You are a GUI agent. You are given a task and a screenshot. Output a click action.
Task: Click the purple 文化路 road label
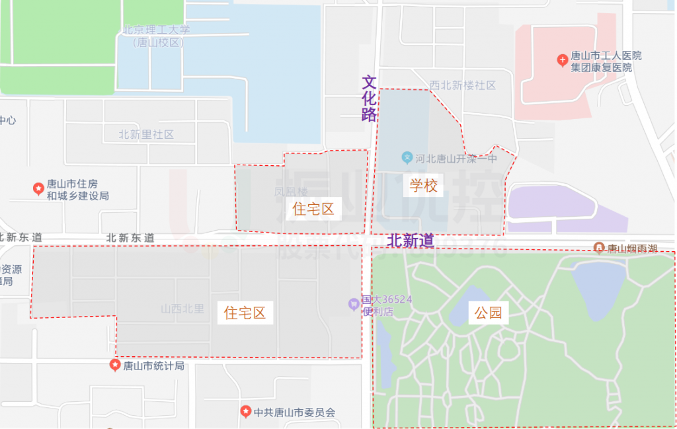(x=369, y=98)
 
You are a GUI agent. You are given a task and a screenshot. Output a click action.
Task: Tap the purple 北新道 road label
(x=411, y=241)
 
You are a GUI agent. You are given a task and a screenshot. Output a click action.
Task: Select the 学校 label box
(x=423, y=185)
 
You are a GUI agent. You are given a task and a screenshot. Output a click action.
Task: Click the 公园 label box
(x=488, y=313)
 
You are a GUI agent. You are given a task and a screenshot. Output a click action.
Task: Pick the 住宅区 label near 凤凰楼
(x=313, y=210)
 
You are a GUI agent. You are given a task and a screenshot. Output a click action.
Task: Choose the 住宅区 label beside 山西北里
(x=245, y=313)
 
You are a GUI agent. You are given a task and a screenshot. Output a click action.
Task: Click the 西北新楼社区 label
(x=462, y=85)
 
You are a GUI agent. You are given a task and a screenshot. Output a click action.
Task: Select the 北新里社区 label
(x=146, y=134)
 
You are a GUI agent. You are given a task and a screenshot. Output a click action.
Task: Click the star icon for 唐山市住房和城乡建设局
(x=38, y=189)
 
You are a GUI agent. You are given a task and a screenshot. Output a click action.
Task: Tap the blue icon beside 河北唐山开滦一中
(x=407, y=158)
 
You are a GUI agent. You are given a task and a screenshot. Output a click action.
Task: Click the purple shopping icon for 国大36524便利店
(x=354, y=304)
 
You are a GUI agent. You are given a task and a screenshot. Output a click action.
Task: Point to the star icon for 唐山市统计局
(x=115, y=366)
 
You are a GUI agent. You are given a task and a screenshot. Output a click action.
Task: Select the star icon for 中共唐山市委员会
(x=246, y=412)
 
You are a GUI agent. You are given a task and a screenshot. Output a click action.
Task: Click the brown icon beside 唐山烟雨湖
(x=599, y=248)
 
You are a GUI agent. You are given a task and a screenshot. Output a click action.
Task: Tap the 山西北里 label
(x=182, y=309)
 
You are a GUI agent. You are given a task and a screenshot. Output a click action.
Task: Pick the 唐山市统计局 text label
(x=153, y=366)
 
